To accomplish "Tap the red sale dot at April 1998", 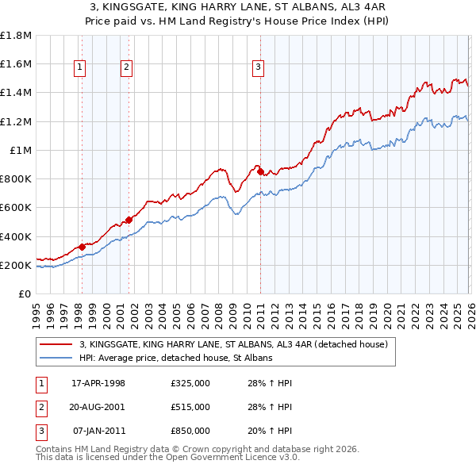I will tap(82, 247).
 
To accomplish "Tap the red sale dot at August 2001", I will tap(129, 220).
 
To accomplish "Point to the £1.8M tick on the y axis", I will tap(16, 36).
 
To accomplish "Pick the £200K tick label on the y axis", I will tap(16, 266).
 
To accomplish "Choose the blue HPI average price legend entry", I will tap(176, 359).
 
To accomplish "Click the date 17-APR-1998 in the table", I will tap(98, 383).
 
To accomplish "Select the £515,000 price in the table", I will tap(190, 407).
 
